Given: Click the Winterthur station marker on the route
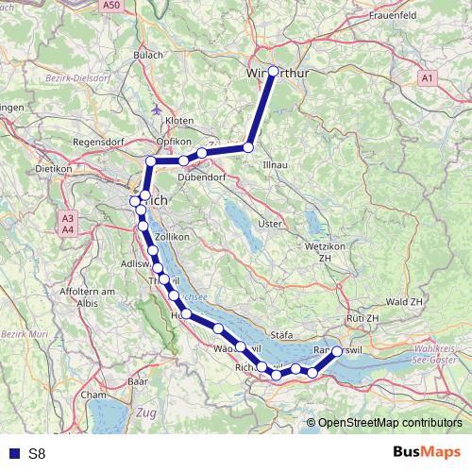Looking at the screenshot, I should point(274,71).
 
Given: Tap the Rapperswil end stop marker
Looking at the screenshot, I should point(337,351).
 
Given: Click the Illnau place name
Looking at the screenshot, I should point(275,164).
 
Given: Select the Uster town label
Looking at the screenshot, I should point(270,224).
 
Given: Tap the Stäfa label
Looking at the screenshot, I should point(282,334).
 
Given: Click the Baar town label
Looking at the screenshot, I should point(138,382).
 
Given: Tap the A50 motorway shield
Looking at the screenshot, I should point(112,6).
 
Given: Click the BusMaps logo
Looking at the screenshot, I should point(427,452).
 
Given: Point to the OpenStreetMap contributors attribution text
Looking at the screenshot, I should point(389,422).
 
